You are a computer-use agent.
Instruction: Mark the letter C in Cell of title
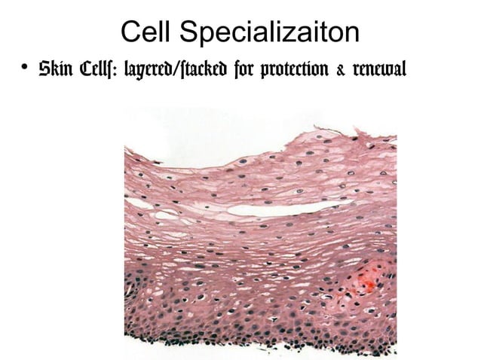pyautogui.click(x=130, y=32)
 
